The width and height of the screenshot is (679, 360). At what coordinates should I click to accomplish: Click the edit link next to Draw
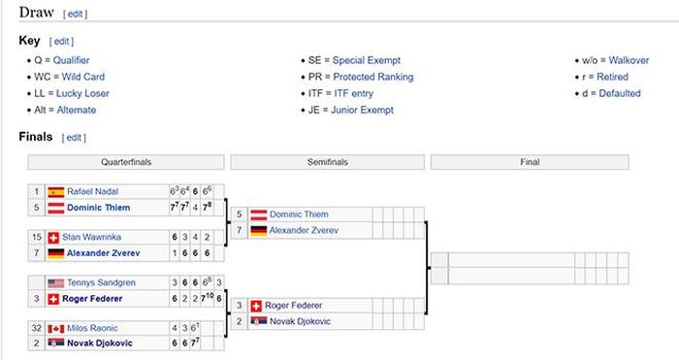tap(76, 14)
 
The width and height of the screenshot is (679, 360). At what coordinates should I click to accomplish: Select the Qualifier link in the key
tap(71, 60)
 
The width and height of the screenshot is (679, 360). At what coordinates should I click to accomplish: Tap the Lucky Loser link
tap(82, 93)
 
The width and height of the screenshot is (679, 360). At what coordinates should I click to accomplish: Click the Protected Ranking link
tap(372, 77)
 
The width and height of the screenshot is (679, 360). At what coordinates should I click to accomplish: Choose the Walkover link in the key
tap(629, 60)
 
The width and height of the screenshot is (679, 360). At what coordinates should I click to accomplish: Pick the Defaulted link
tap(619, 93)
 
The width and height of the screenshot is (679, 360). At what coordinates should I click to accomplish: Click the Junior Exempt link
tap(362, 110)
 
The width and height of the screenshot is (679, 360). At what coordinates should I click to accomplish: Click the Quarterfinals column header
tap(126, 162)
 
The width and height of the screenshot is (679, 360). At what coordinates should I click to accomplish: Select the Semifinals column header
tap(328, 162)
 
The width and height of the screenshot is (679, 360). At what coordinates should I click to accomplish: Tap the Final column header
tap(530, 162)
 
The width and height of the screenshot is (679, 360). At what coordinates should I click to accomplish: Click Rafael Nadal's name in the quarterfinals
tap(93, 191)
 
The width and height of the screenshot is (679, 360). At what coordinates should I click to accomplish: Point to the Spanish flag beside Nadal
tap(56, 192)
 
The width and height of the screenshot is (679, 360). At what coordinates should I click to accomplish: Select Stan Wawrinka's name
tap(91, 237)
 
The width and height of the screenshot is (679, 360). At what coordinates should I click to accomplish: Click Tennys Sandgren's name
tap(101, 282)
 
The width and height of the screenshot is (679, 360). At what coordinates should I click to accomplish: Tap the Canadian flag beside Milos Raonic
tap(56, 329)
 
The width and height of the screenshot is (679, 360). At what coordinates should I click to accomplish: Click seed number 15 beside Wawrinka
tap(37, 237)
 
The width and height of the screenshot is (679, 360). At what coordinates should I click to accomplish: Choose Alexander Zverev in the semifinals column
tap(304, 231)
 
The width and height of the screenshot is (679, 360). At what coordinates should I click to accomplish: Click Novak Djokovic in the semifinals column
tap(300, 321)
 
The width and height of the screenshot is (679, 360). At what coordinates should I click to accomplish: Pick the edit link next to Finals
tap(74, 138)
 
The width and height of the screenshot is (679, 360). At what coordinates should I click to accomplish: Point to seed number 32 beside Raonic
tap(37, 328)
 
